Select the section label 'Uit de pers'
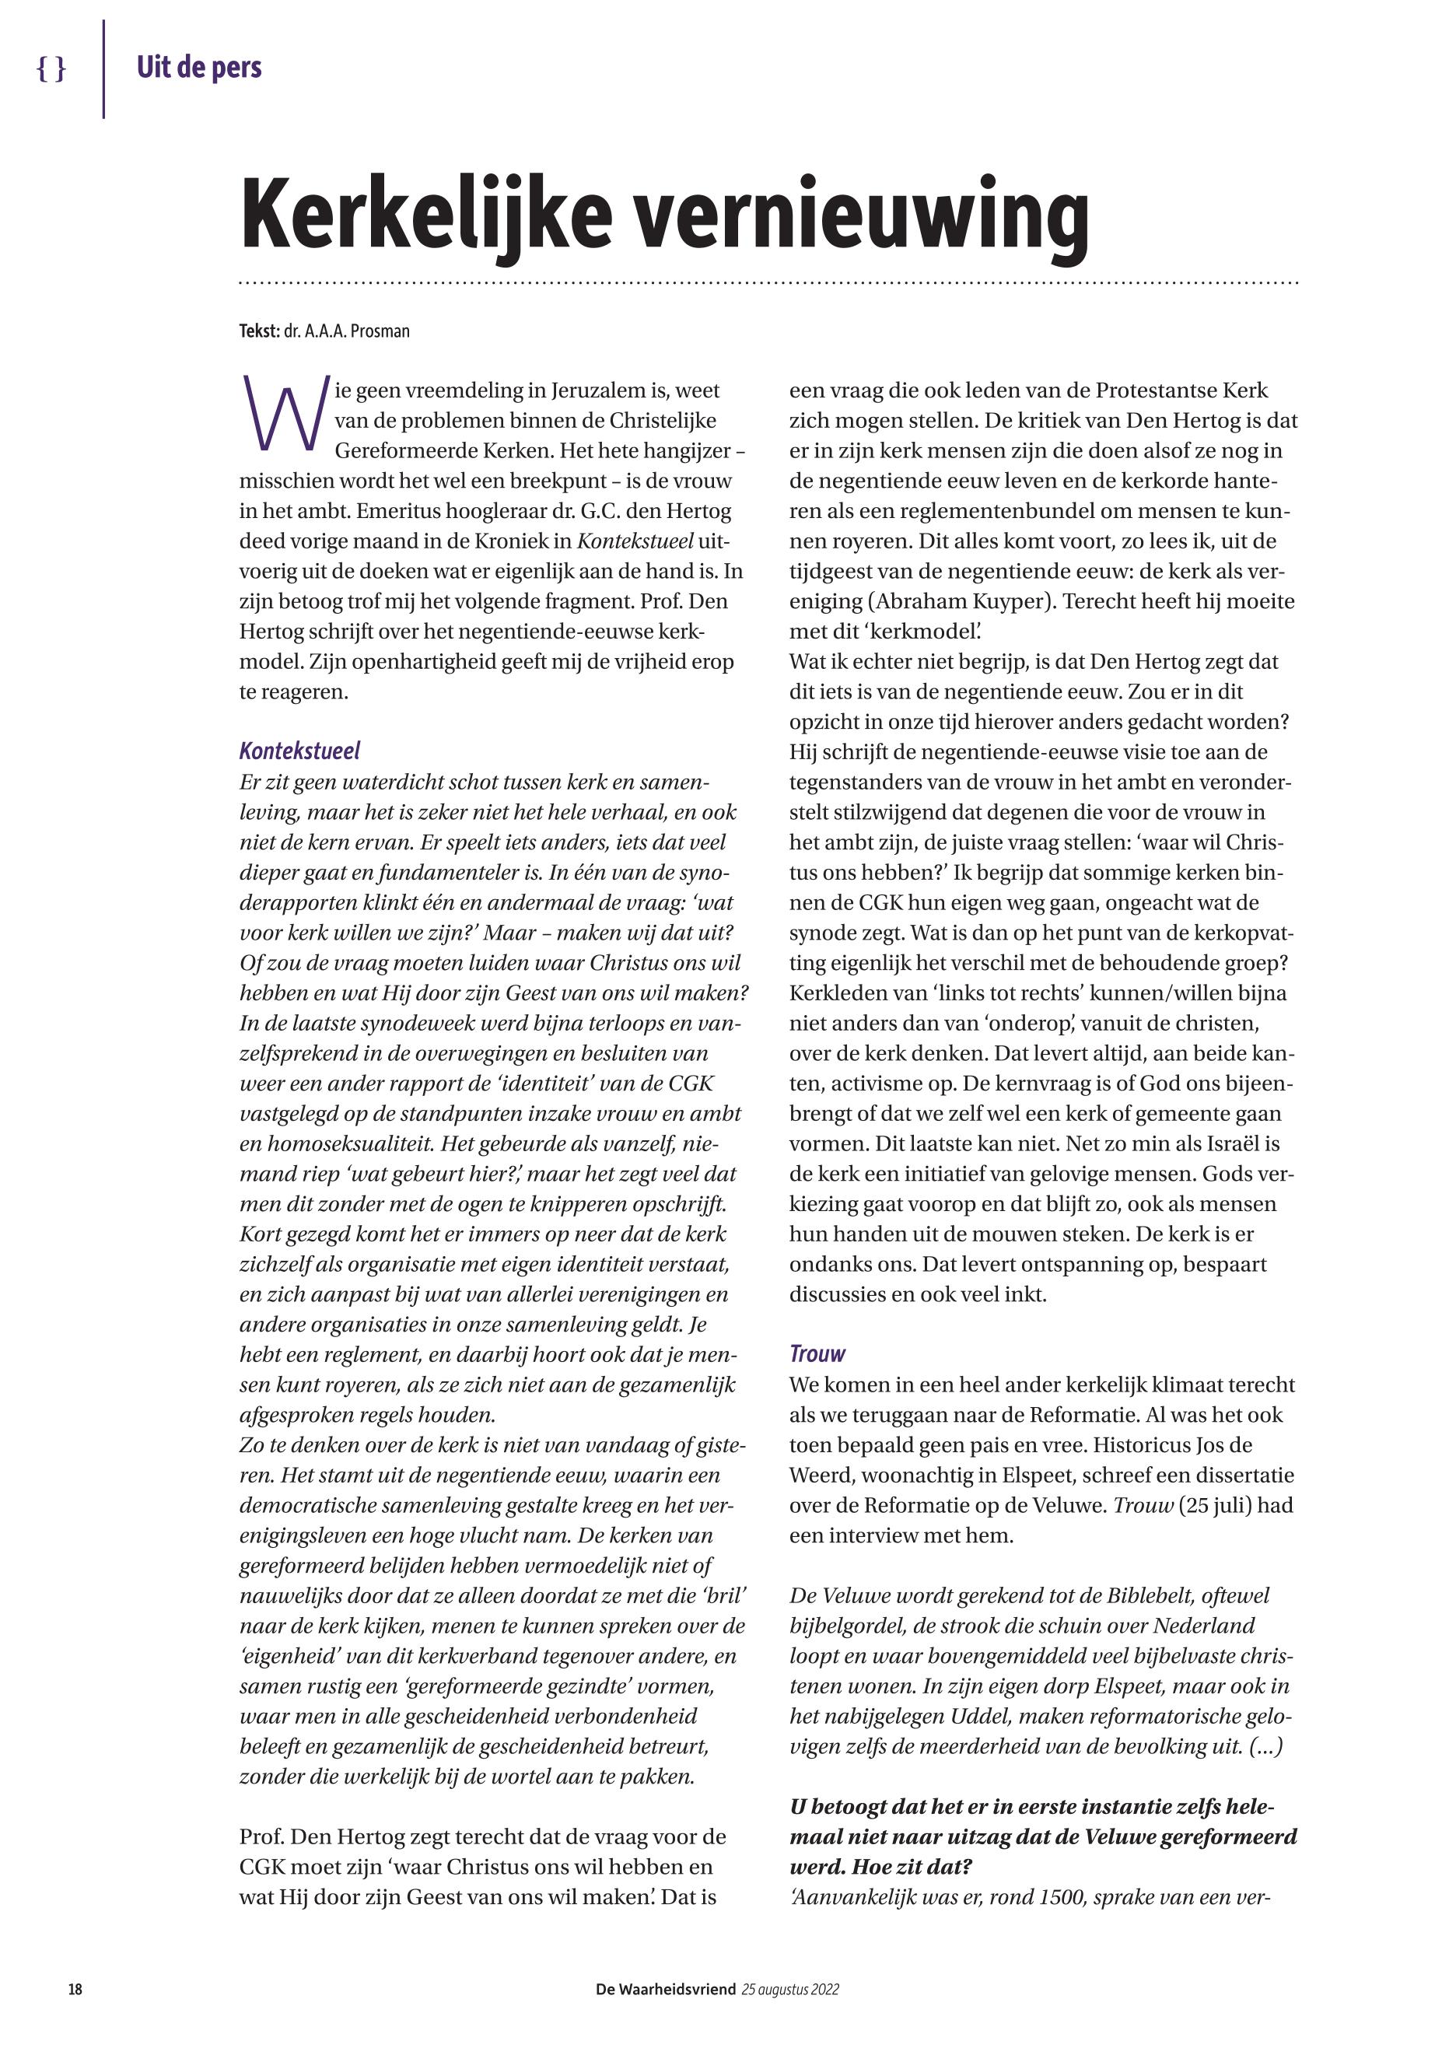coord(198,68)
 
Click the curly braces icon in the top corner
coord(51,68)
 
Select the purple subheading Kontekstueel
coord(299,751)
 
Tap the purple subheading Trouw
coord(817,1353)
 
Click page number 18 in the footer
coord(75,1989)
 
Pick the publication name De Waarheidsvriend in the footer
coord(665,1989)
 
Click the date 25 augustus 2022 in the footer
coord(790,1989)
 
